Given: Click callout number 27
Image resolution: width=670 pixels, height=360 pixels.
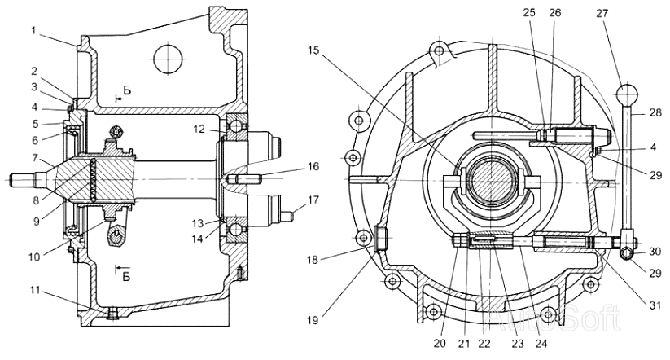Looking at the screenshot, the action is (602, 13).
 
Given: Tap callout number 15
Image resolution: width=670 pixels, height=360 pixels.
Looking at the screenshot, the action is (313, 50).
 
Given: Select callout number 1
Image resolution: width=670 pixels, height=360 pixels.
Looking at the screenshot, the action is (33, 30).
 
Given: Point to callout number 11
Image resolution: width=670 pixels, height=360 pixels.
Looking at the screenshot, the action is (35, 291).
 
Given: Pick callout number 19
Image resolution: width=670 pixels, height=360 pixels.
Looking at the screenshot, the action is (313, 320).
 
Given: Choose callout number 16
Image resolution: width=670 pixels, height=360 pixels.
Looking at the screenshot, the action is (313, 166).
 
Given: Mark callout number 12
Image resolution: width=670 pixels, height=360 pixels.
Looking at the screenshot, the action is (199, 129).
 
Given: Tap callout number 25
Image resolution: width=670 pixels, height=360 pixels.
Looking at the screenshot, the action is (529, 13).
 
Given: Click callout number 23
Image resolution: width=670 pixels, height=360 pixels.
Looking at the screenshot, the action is (518, 344).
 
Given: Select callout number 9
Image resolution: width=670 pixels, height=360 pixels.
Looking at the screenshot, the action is (37, 221).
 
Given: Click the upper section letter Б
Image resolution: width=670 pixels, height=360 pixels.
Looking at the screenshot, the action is (127, 90).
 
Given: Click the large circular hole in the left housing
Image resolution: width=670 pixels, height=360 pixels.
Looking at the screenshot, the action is (169, 59).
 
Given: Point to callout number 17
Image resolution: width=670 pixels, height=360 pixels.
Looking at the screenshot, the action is (313, 200).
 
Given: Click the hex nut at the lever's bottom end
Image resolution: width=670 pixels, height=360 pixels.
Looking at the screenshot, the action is (627, 254).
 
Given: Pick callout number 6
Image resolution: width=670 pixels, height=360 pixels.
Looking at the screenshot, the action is (36, 140).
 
